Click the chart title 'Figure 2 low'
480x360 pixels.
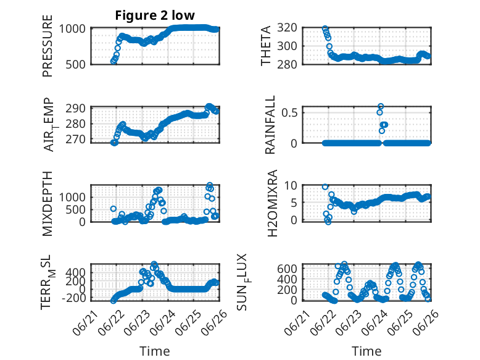click(x=155, y=15)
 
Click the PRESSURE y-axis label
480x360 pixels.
click(x=48, y=46)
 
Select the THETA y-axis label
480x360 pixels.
click(x=266, y=46)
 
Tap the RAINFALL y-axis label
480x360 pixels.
click(x=270, y=125)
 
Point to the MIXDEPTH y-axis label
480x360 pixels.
click(x=48, y=204)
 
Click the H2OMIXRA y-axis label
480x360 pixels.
click(x=272, y=203)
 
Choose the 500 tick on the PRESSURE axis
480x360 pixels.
click(x=75, y=64)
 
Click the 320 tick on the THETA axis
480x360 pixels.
click(x=287, y=28)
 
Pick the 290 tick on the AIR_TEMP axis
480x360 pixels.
click(x=75, y=109)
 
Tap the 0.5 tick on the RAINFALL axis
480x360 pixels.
click(x=289, y=112)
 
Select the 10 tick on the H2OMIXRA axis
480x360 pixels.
click(x=291, y=185)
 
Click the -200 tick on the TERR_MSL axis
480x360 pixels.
click(x=74, y=298)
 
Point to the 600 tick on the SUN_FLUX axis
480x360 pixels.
click(x=287, y=269)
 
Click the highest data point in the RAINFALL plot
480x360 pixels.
click(x=381, y=106)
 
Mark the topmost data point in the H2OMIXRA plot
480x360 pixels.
click(x=325, y=186)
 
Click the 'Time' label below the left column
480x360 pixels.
click(x=155, y=351)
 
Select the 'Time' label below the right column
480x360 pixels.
click(x=366, y=351)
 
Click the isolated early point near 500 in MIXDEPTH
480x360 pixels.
click(x=114, y=209)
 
